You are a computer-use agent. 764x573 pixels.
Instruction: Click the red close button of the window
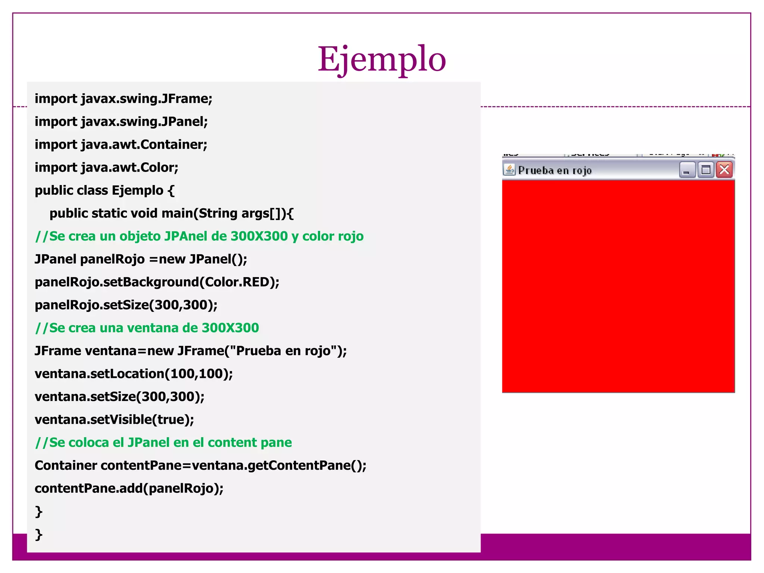(x=724, y=170)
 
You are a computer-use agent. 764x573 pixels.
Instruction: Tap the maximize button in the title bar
(x=706, y=170)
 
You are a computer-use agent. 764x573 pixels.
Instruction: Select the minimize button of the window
(x=687, y=170)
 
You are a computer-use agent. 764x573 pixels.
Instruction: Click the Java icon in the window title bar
(x=509, y=170)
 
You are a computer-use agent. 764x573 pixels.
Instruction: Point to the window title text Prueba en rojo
(x=555, y=170)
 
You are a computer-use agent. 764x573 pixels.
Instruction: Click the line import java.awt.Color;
(x=106, y=167)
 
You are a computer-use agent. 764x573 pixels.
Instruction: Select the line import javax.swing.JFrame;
(x=123, y=99)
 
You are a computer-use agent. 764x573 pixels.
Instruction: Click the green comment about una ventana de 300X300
(x=147, y=328)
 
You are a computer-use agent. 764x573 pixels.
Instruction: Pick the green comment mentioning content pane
(x=163, y=442)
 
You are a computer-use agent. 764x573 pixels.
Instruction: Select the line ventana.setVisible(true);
(x=114, y=420)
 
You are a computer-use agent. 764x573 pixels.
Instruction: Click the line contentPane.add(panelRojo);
(x=129, y=488)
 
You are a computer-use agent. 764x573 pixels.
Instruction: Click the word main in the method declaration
(x=177, y=213)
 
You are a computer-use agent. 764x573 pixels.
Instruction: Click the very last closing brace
(x=38, y=534)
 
